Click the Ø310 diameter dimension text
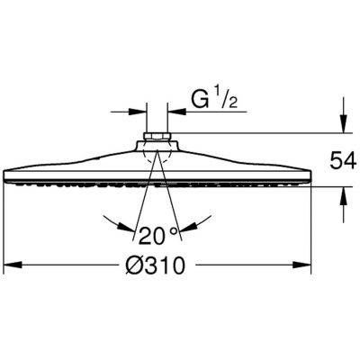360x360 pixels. coord(155,265)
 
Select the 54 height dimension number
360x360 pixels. coord(343,160)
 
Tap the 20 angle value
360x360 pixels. coord(152,236)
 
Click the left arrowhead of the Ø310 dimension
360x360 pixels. coord(13,265)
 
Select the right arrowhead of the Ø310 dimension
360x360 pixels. coord(301,265)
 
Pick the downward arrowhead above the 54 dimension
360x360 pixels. coord(344,123)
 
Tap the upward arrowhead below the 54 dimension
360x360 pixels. coord(344,196)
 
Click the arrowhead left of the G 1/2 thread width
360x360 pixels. coord(138,112)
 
